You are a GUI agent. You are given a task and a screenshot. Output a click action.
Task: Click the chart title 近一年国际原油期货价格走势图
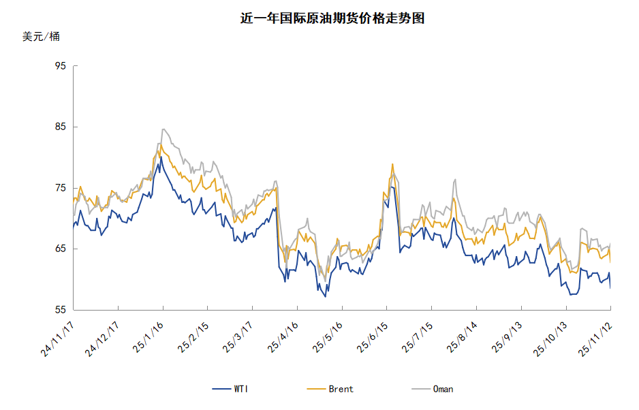332,19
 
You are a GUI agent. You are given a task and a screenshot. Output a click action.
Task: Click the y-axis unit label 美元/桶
41,37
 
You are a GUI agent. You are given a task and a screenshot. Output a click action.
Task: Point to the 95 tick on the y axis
60,66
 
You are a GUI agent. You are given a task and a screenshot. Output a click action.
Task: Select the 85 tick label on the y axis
60,127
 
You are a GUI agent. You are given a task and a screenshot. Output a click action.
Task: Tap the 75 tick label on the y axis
60,188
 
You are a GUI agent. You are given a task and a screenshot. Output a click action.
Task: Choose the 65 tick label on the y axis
60,249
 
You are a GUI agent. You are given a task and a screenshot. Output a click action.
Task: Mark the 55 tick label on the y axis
60,310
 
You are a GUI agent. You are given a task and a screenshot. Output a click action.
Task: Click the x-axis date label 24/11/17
58,338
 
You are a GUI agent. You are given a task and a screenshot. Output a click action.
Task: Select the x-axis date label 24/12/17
102,338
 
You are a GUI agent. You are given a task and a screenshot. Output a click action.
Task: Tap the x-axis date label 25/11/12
594,338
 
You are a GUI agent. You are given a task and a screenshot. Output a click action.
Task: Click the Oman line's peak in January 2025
163,129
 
